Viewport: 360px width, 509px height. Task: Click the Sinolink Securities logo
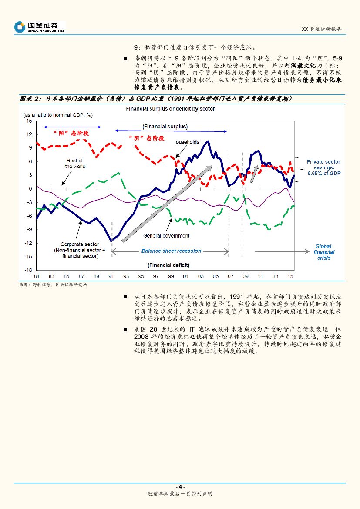click(x=40, y=27)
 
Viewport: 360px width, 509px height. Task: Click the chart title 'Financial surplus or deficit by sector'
click(x=170, y=109)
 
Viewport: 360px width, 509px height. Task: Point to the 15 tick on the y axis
click(x=29, y=121)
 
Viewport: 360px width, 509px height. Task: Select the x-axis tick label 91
click(x=111, y=277)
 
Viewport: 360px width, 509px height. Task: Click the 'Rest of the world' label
click(x=75, y=164)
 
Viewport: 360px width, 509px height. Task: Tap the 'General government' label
click(x=166, y=236)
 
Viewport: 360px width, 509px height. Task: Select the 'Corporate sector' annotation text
click(x=80, y=250)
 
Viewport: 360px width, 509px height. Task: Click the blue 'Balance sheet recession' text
click(x=171, y=251)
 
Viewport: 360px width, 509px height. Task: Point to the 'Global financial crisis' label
click(x=323, y=252)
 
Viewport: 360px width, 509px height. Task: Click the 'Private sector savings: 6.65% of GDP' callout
click(x=323, y=167)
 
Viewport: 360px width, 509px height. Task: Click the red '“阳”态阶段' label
click(x=71, y=134)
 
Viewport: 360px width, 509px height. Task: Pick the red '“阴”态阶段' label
click(x=146, y=138)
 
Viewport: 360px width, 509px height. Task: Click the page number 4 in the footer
click(x=180, y=486)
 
